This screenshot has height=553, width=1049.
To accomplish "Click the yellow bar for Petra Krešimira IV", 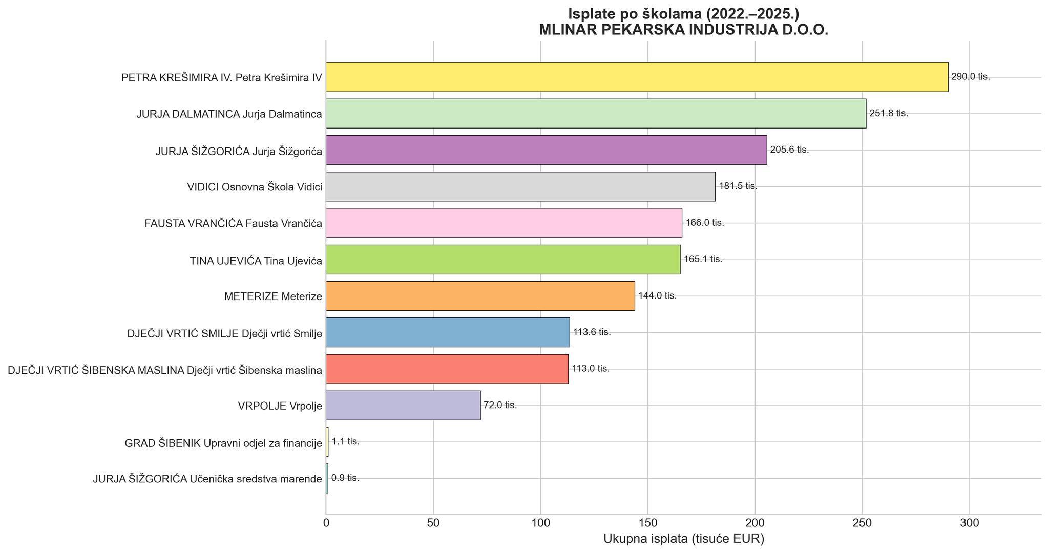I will (637, 77).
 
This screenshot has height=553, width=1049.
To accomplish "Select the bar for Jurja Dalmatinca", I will (596, 114).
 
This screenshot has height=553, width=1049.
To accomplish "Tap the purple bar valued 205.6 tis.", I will (546, 150).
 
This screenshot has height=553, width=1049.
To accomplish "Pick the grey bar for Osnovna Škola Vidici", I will (520, 186).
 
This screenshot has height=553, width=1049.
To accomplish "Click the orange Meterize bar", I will (480, 296).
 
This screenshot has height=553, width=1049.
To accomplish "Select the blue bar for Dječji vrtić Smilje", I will (448, 332).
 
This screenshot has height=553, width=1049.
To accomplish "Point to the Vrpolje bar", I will (403, 406).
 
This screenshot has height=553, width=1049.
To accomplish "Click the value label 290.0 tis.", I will (970, 77).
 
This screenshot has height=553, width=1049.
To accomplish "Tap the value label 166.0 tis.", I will (705, 223).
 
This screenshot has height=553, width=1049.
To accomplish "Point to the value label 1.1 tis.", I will (346, 442).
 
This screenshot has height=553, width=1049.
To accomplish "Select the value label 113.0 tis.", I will (591, 369).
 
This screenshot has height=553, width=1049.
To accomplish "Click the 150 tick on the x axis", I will (648, 524).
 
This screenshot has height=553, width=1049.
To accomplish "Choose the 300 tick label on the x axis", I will (970, 524).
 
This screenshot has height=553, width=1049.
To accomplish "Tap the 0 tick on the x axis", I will (326, 524).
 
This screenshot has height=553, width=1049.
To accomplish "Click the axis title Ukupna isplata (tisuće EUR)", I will (683, 539).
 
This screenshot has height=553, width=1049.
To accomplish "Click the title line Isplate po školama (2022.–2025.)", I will (683, 14).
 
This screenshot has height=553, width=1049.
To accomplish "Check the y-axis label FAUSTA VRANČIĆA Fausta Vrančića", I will (233, 224).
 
